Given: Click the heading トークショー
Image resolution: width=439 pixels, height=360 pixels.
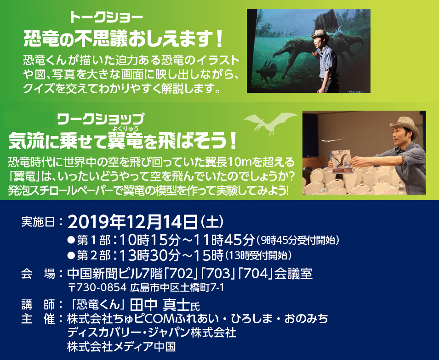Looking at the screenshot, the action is (x=106, y=18).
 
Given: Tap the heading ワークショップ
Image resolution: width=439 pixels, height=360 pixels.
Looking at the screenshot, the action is (x=101, y=119).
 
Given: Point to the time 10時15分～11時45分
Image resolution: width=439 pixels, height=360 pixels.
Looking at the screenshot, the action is (x=187, y=240).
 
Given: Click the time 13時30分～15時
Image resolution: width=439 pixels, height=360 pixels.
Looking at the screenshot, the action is (x=171, y=255).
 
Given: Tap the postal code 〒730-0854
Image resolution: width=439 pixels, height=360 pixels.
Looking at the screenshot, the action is (x=97, y=287).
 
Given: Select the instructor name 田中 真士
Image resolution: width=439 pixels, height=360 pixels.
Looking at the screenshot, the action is (x=160, y=304).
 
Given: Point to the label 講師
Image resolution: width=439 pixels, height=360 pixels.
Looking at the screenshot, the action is (x=38, y=304).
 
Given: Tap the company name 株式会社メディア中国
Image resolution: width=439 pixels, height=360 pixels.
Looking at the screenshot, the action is (x=121, y=347).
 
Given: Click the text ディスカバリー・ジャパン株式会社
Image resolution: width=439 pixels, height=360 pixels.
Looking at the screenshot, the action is (x=151, y=332).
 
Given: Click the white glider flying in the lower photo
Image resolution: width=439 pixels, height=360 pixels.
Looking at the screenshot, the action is (x=332, y=140).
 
